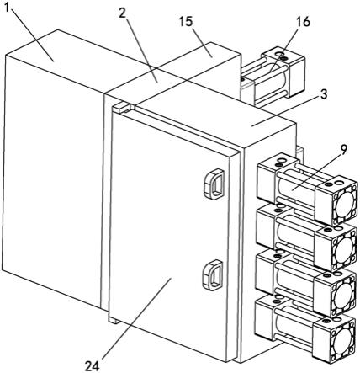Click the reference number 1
(8, 8)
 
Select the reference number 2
(123, 13)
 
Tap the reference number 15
(186, 21)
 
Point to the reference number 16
(304, 21)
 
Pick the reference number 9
(343, 149)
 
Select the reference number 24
(93, 366)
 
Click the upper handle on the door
(214, 184)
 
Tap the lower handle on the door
(213, 275)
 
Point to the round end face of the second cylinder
(346, 249)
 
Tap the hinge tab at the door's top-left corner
(124, 108)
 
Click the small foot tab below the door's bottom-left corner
(114, 320)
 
